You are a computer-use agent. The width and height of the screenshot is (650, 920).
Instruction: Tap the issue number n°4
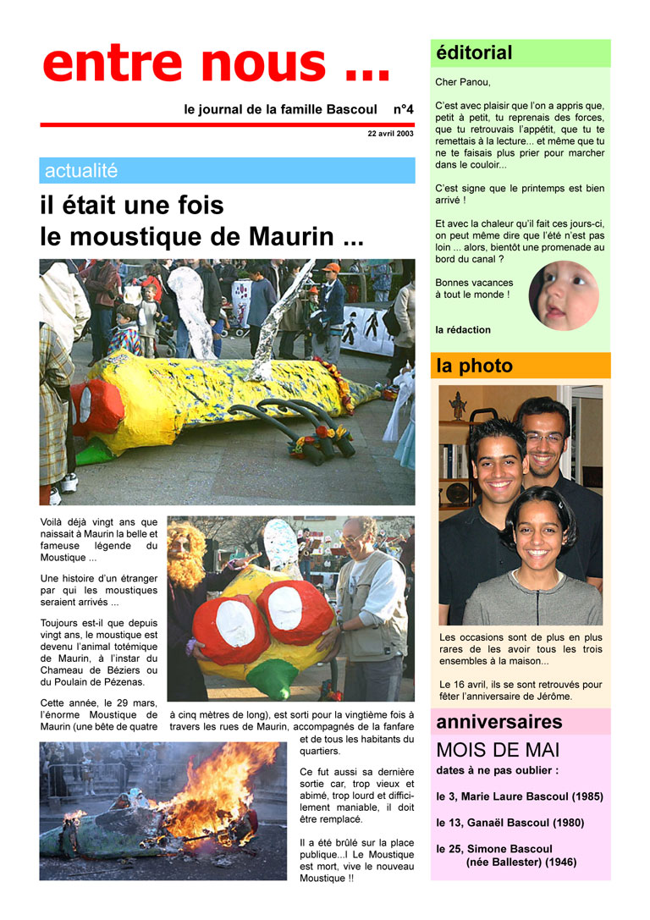point(403,110)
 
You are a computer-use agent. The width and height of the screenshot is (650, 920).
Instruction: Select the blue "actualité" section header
point(81,170)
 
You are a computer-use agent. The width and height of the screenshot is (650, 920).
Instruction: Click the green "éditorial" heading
point(474,52)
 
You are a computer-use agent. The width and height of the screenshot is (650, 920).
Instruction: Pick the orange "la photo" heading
point(474,366)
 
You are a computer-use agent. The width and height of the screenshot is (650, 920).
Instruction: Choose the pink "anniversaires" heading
point(499,722)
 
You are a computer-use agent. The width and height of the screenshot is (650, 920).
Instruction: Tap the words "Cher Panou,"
point(463,82)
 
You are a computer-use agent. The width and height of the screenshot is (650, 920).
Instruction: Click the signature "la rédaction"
point(463,329)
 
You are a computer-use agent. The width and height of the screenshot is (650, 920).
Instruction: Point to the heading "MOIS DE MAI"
point(498,750)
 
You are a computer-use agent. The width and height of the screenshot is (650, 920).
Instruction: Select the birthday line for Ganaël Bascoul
point(510,822)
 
